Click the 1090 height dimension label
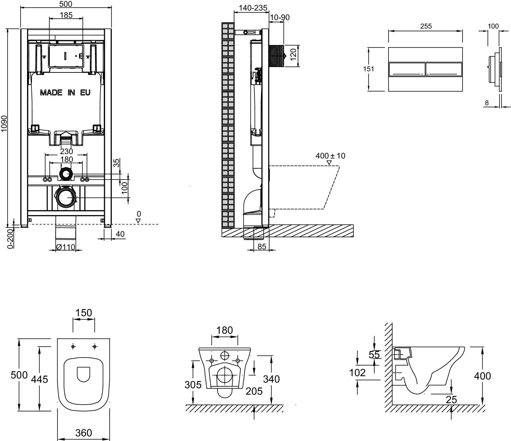(x=5, y=124)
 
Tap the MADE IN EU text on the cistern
(x=65, y=93)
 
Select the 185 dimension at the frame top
(x=66, y=15)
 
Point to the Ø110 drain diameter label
(x=66, y=247)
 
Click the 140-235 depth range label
(x=253, y=8)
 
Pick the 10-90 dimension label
(x=280, y=17)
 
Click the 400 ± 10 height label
(x=330, y=156)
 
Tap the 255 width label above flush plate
(x=426, y=26)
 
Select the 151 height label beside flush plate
(x=369, y=69)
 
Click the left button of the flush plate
(x=407, y=69)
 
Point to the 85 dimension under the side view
(x=262, y=246)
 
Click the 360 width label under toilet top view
(x=84, y=433)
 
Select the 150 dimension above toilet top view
(x=84, y=313)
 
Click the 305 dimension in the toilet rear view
(x=193, y=385)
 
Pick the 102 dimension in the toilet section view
(x=357, y=373)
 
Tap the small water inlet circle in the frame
(x=66, y=174)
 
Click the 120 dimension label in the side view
(x=294, y=55)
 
